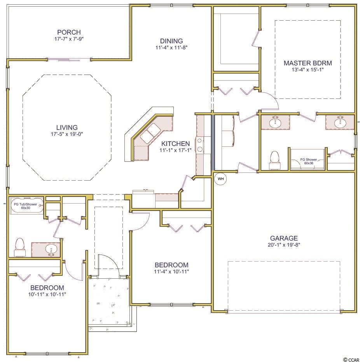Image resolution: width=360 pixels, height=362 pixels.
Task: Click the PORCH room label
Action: [x=69, y=32]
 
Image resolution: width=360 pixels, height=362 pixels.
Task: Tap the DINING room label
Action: [x=171, y=41]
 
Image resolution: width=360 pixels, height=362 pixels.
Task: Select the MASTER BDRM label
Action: [x=308, y=63]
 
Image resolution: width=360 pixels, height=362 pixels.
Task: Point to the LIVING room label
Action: [x=67, y=127]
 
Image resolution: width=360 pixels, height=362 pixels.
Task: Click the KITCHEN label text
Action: [x=175, y=144]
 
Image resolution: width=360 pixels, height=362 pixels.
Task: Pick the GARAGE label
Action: [x=284, y=238]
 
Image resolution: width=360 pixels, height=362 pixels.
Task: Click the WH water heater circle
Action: [x=221, y=179]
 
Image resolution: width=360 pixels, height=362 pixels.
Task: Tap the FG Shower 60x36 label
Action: [x=309, y=161]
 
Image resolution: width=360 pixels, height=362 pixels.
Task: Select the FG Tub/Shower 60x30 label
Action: [x=25, y=206]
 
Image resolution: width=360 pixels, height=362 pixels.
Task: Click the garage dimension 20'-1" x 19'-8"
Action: [x=284, y=245]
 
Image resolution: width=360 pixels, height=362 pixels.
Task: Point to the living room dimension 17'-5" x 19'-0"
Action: [x=67, y=134]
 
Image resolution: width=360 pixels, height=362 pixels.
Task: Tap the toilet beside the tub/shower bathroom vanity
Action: [x=19, y=247]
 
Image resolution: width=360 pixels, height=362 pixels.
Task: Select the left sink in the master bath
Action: [x=275, y=122]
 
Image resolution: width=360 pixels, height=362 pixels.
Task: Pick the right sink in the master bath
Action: [x=340, y=122]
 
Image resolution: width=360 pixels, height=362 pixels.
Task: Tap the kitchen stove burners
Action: [x=199, y=145]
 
